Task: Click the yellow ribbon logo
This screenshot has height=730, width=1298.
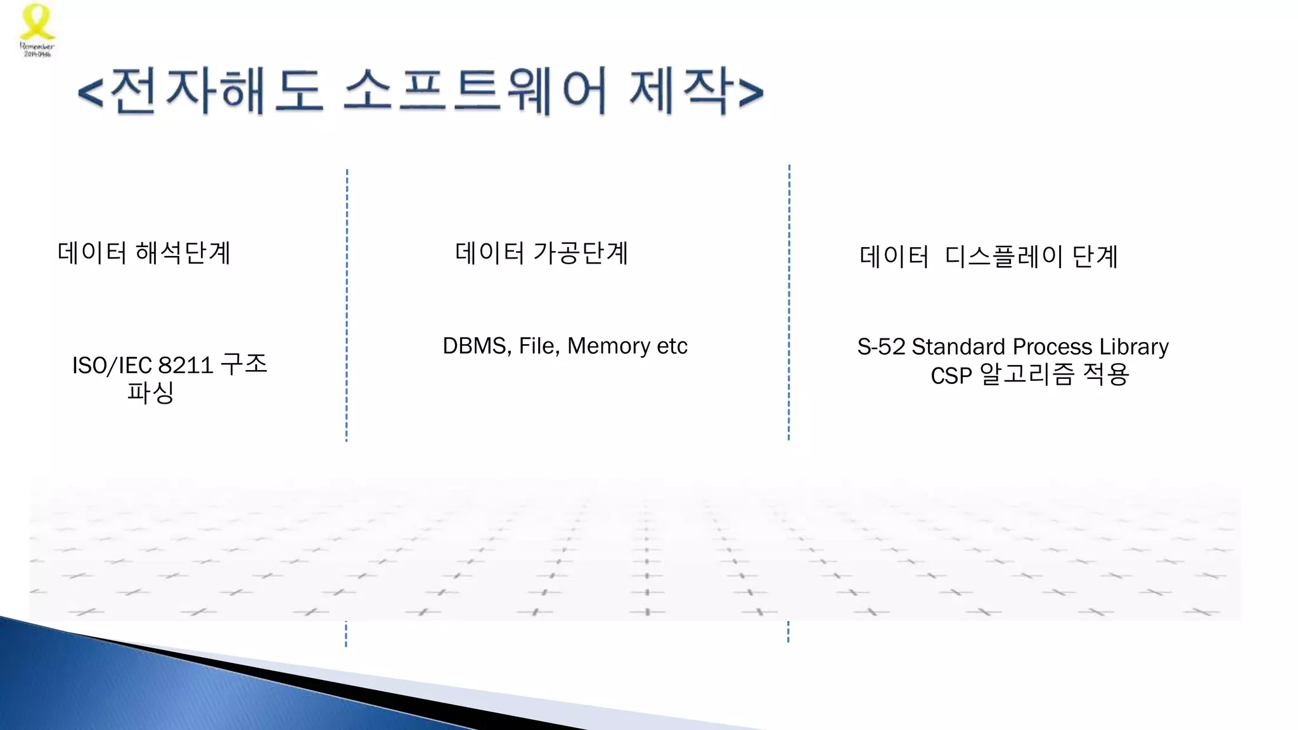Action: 37,22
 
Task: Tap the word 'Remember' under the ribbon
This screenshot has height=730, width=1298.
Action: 37,46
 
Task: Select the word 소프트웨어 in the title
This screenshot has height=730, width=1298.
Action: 475,92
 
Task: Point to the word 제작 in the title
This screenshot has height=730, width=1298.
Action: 681,92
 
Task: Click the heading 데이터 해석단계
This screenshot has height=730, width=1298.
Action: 144,253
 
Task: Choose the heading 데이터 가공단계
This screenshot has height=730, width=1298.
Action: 541,253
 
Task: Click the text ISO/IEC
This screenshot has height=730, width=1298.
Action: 112,366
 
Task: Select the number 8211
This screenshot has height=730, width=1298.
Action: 185,366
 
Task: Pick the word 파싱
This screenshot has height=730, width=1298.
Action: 150,392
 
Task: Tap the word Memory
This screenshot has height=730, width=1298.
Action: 608,346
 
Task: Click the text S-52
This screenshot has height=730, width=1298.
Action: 881,347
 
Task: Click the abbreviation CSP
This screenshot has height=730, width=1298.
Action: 951,376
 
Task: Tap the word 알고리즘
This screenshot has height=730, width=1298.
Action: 1027,375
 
